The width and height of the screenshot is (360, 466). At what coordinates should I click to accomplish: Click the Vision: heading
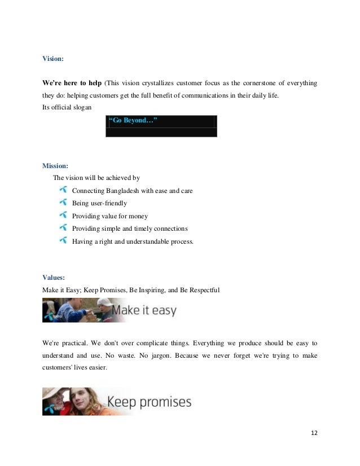54,58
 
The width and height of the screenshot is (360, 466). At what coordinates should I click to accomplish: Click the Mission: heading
56,166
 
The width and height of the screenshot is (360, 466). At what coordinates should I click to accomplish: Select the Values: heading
54,277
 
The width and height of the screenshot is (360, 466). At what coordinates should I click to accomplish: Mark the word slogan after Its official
80,108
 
